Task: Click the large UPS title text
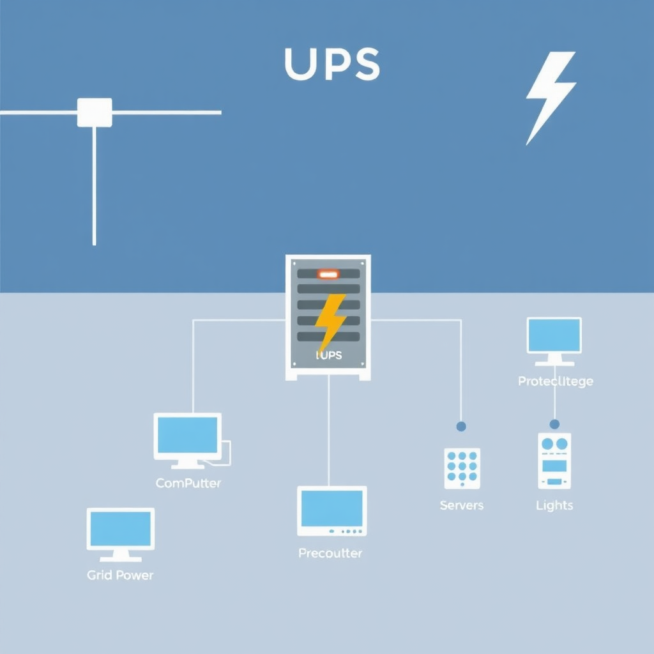[331, 65]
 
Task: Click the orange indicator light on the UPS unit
[328, 274]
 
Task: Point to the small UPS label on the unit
[329, 355]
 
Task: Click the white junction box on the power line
[95, 112]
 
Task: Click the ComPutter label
[188, 483]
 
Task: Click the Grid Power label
[120, 575]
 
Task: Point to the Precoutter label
[330, 553]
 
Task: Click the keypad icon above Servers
[462, 468]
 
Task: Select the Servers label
[462, 506]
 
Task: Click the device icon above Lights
[554, 460]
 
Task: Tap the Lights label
[554, 506]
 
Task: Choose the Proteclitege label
[555, 381]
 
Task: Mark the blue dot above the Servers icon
[461, 426]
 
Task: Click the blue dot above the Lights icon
[554, 424]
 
